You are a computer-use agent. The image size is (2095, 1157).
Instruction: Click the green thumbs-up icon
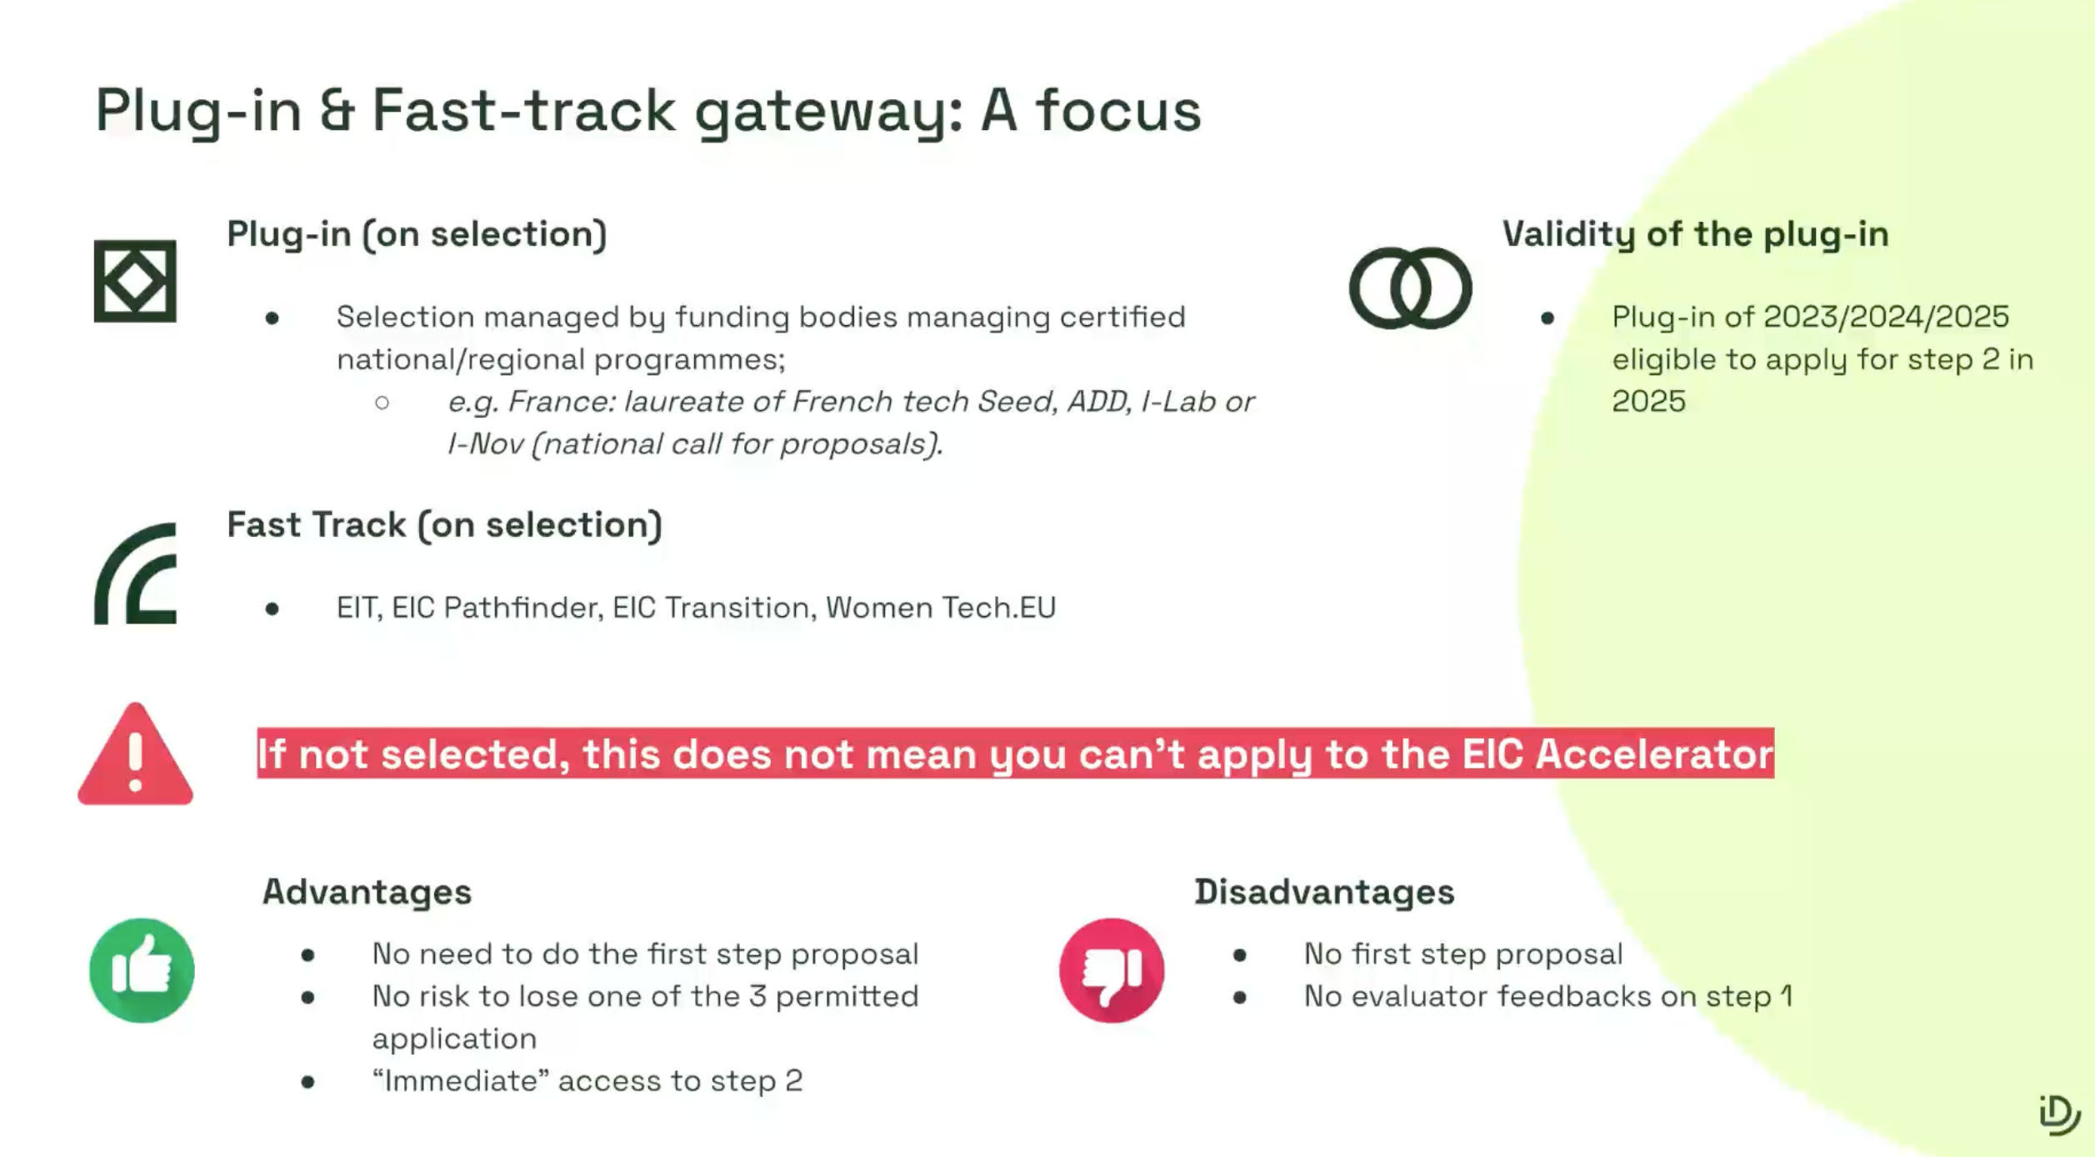click(x=142, y=970)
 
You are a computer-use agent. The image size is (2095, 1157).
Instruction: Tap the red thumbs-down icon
click(x=1112, y=970)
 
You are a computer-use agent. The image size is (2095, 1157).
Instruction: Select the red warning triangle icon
click(x=135, y=754)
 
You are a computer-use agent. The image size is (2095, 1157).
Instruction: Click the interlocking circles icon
click(x=1410, y=288)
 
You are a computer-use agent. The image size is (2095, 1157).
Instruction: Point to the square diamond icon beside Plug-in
click(x=135, y=281)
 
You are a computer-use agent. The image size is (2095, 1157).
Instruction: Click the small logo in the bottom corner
click(x=2059, y=1114)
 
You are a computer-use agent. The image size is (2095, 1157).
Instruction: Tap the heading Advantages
click(x=367, y=892)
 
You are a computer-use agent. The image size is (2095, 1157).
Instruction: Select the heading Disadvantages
click(x=1324, y=892)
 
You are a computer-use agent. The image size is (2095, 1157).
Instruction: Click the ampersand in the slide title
click(x=337, y=110)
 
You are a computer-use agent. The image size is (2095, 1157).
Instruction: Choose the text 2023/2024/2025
click(x=1886, y=317)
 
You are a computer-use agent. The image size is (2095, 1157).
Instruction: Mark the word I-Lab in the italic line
click(x=1177, y=402)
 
